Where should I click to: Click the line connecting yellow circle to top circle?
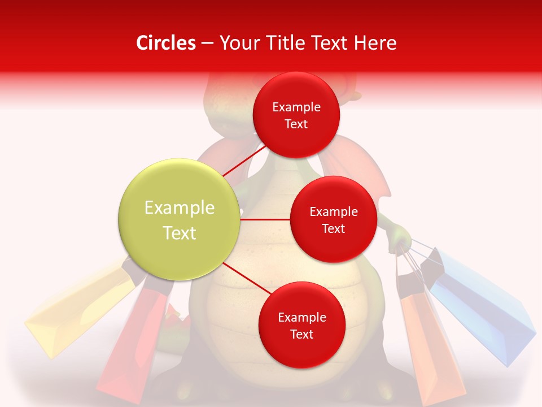pos(244,161)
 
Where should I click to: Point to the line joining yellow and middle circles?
pos(265,219)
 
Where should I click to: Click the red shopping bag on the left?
pos(135,339)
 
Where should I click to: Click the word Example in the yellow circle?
pos(179,208)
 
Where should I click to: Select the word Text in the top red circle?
pos(296,124)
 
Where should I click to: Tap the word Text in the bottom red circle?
pos(301,334)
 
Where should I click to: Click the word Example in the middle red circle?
pos(333,212)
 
